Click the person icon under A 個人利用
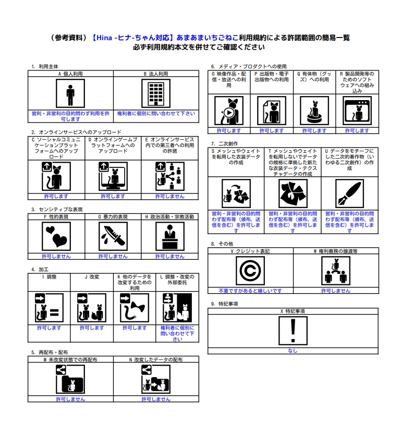[x=70, y=93]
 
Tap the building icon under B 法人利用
[x=156, y=93]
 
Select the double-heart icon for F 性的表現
[x=56, y=236]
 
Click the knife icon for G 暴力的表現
[x=113, y=236]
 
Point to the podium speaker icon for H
[x=169, y=236]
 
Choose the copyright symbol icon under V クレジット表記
[x=250, y=271]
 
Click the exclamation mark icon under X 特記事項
[x=293, y=331]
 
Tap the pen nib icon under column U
[x=349, y=194]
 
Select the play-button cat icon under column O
[x=229, y=111]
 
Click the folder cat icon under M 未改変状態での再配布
[x=70, y=379]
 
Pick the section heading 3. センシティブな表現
[x=57, y=210]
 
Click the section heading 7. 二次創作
[x=224, y=143]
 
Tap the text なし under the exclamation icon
[x=293, y=351]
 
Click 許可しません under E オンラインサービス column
[x=169, y=197]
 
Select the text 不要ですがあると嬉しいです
[x=250, y=291]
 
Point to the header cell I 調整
[x=49, y=277]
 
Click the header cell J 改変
[x=92, y=277]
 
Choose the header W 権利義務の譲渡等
[x=336, y=251]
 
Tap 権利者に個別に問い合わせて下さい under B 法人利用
[x=156, y=114]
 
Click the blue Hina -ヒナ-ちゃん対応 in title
[x=133, y=38]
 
